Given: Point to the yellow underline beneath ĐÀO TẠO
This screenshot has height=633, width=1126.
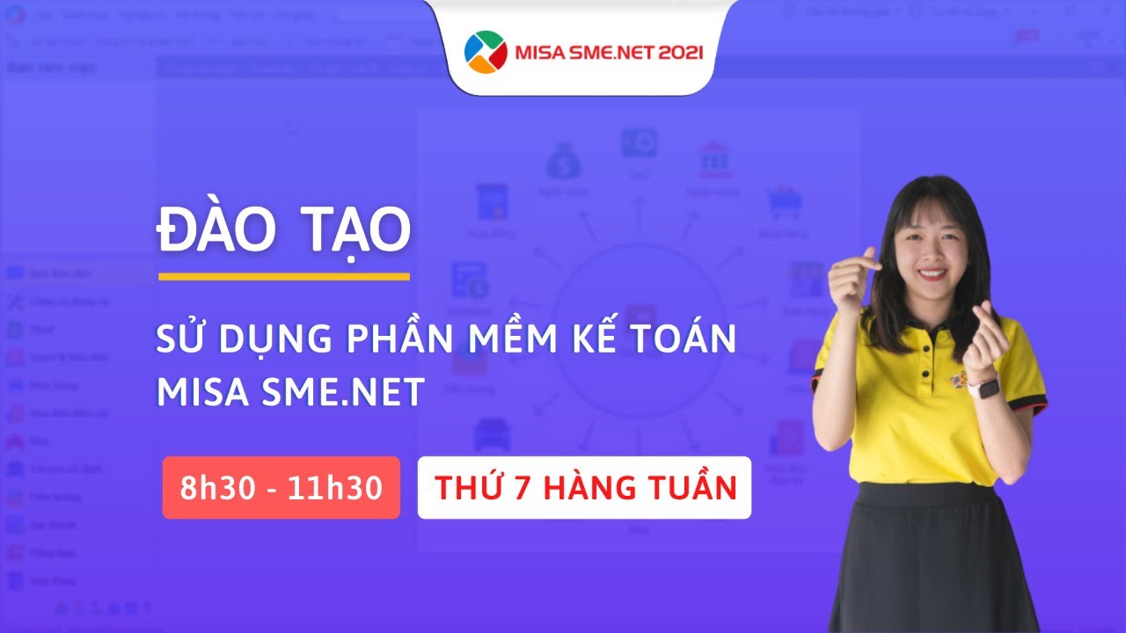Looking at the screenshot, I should (284, 276).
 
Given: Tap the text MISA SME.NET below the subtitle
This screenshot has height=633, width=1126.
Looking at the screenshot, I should (291, 393).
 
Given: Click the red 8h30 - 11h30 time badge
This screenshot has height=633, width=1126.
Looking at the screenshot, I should (281, 488).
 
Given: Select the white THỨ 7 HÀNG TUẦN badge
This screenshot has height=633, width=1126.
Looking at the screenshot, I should (584, 488).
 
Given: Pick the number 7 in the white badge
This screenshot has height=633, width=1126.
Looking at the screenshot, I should (522, 488).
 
